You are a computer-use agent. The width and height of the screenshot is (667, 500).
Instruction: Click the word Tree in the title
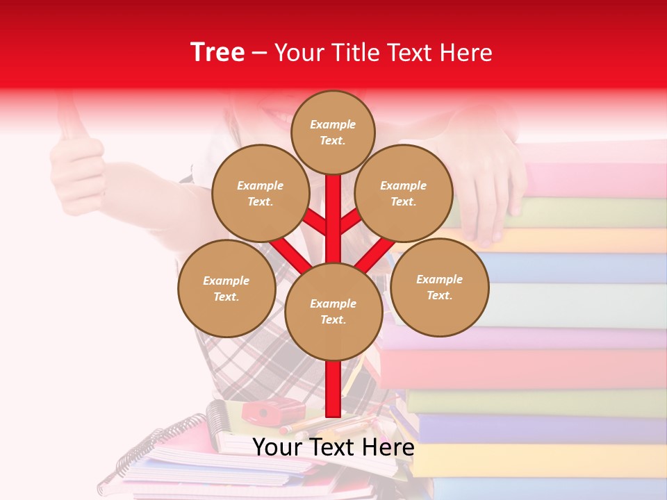point(217,53)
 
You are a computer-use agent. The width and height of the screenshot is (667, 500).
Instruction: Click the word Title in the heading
point(355,53)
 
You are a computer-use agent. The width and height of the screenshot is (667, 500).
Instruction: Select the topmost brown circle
point(333,132)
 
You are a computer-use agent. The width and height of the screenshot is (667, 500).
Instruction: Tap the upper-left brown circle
point(261,193)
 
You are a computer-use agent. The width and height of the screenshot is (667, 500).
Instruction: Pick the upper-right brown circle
point(404,193)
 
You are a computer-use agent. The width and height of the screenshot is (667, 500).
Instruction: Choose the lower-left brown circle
point(227,288)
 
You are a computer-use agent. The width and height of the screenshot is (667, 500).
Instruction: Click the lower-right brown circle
point(440,287)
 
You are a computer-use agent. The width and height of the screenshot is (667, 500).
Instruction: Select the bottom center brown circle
point(333,311)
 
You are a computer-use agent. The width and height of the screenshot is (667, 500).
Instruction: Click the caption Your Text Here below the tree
point(333,447)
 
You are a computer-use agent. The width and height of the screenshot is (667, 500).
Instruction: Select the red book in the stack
point(528,368)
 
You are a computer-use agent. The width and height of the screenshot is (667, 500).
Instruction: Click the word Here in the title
point(466,53)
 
